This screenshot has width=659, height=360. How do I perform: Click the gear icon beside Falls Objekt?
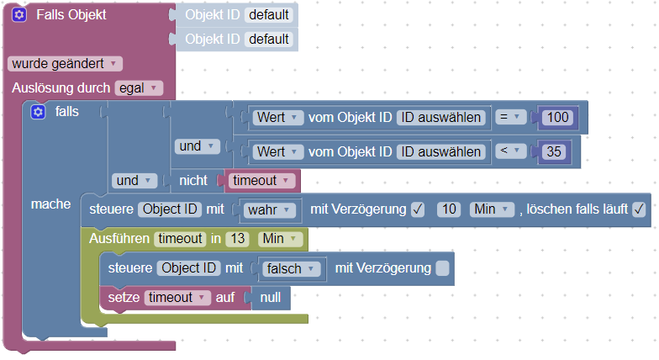coord(19,15)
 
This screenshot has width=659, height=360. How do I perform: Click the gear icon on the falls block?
coord(38,112)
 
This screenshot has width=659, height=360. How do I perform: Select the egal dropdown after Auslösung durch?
coord(139,87)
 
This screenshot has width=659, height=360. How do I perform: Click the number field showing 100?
coord(557,118)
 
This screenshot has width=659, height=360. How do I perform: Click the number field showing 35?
coord(553,151)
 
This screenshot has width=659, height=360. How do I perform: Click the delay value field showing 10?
coord(449,209)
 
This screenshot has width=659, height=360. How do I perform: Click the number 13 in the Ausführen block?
coord(238,239)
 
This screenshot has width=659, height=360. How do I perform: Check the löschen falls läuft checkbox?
coord(639,209)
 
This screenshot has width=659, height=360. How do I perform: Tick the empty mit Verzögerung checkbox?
coord(442,269)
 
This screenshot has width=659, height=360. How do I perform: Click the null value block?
coord(270,298)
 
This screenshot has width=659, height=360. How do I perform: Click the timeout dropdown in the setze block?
coord(177,298)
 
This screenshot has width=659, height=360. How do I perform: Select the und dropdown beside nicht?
coord(135,180)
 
